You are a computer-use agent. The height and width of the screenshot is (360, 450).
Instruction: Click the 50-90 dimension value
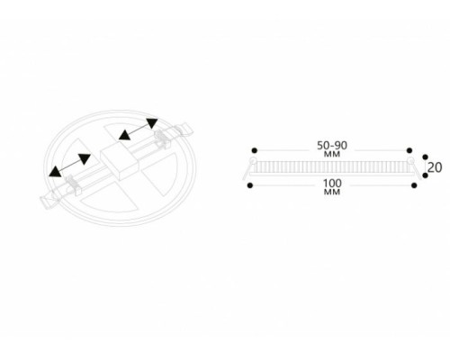click(332, 146)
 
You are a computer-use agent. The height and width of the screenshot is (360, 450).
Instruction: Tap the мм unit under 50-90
click(332, 154)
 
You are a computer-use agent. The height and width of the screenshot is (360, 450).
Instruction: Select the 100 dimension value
click(332, 183)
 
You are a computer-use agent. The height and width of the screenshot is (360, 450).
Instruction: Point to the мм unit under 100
click(332, 192)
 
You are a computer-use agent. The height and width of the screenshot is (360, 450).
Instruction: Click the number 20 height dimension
click(435, 167)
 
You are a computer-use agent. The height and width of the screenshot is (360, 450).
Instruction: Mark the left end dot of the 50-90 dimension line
click(255, 150)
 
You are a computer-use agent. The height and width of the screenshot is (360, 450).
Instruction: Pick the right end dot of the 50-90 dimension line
click(409, 150)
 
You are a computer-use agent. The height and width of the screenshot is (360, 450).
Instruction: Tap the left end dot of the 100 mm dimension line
click(250, 185)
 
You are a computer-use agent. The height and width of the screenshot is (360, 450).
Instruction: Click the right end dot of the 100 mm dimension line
click(414, 185)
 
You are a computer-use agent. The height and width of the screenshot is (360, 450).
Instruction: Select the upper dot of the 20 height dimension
click(425, 157)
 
